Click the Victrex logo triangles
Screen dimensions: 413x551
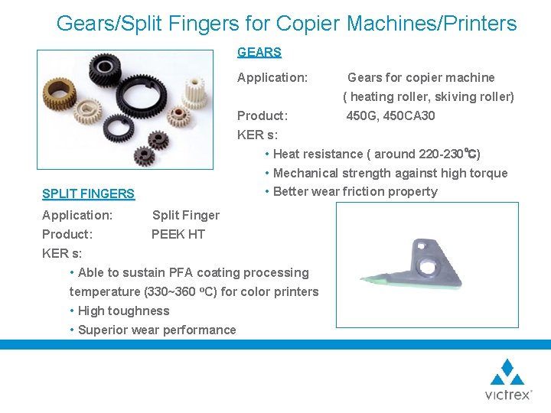click(x=507, y=372)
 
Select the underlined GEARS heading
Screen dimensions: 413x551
click(x=259, y=53)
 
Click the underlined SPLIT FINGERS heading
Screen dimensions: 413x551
click(x=88, y=194)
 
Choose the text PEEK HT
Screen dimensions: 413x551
click(x=178, y=234)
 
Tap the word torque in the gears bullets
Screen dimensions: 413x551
click(x=489, y=173)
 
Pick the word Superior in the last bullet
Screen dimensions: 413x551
click(x=103, y=330)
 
